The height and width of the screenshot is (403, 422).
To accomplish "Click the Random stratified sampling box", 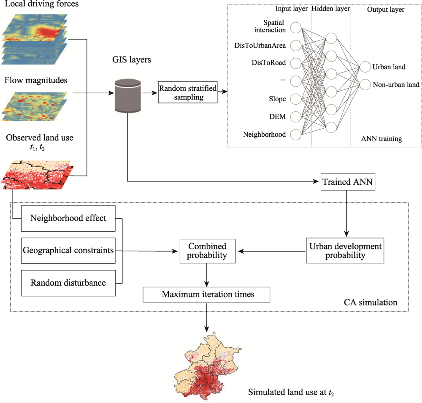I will [187, 92].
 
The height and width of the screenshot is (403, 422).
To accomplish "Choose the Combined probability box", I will [207, 251].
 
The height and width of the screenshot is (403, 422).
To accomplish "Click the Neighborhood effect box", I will [68, 219].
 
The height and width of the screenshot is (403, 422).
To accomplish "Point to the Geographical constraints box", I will [68, 251].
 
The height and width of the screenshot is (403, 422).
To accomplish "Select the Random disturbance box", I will [68, 282].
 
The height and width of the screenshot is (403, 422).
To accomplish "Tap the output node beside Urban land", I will [364, 67].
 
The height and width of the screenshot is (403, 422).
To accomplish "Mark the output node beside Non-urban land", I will [364, 84].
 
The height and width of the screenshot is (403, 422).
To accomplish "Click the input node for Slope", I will [295, 99].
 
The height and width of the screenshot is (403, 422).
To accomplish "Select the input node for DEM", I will [295, 116].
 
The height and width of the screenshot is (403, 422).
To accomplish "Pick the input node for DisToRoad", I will [295, 63].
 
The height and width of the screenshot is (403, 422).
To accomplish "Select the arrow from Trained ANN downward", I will [346, 213].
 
